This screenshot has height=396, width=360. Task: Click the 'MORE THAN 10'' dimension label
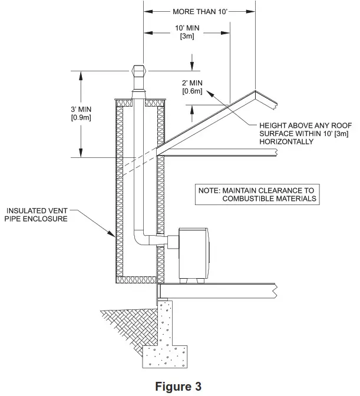coord(200,11)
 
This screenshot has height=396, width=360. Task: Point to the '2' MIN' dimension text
coord(193,84)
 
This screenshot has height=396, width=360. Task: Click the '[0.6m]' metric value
coord(192,92)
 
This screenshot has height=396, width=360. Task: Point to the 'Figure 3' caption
coord(179,387)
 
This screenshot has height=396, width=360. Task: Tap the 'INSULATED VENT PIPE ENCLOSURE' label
coord(37,214)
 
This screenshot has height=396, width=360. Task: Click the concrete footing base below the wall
coord(169,354)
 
